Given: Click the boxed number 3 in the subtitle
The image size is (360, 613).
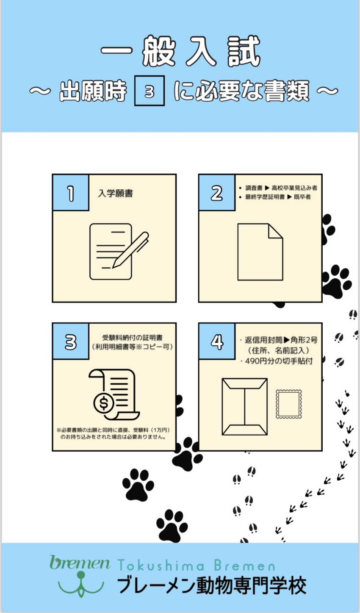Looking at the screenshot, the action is tap(150, 91).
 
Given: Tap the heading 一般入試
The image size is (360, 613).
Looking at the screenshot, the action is tap(180, 51).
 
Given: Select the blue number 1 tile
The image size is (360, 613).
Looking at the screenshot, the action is tap(71, 192).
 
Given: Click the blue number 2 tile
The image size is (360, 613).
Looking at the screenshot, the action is tap(217, 192).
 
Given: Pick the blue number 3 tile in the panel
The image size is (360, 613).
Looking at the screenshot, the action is tap(71, 341).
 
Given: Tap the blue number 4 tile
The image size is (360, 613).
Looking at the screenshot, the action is tap(217, 341).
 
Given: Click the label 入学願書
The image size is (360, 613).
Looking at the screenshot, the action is tap(116, 194).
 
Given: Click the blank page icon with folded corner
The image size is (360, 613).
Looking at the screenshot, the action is tap(260, 252).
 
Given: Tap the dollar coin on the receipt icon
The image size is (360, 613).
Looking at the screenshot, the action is tap(103, 403).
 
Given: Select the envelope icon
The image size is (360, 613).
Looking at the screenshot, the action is tap(244, 407).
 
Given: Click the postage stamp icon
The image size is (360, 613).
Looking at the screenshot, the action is tap(288, 404).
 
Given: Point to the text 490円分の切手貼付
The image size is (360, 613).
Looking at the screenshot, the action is tap(279, 361).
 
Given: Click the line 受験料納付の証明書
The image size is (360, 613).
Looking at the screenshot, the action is tap(132, 338).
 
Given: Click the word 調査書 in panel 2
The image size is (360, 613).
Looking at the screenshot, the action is tap(254, 188).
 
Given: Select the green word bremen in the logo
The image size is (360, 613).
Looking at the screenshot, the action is tap(80, 563).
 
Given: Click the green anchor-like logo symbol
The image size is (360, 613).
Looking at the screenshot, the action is tap(81, 584).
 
